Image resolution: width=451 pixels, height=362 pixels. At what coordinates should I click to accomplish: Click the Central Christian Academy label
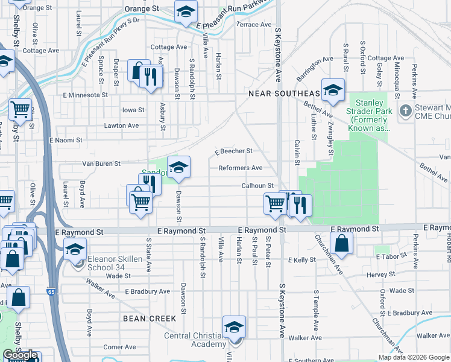point(195,340)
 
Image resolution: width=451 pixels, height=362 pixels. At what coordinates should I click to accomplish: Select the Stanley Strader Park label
point(365,115)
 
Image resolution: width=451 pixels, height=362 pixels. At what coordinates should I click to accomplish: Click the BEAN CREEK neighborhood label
point(150,318)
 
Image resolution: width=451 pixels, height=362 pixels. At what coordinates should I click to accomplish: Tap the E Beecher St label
point(233,151)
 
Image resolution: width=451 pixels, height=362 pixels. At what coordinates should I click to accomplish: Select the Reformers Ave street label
point(240,168)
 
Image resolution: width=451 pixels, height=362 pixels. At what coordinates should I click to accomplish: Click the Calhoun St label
point(258,186)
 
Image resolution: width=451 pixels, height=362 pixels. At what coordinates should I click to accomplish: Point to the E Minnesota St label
point(85,95)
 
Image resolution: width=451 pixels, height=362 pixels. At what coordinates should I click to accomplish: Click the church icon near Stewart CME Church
point(405,110)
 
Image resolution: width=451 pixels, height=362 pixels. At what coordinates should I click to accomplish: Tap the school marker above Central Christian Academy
point(234,327)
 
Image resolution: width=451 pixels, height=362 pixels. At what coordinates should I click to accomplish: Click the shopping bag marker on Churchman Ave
point(341,243)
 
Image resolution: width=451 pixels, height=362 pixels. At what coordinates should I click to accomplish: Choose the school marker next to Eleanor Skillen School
point(75,249)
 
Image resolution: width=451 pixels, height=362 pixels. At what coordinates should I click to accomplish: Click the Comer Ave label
point(119,347)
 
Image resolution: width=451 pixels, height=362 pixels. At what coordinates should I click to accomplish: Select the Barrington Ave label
point(315,69)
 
